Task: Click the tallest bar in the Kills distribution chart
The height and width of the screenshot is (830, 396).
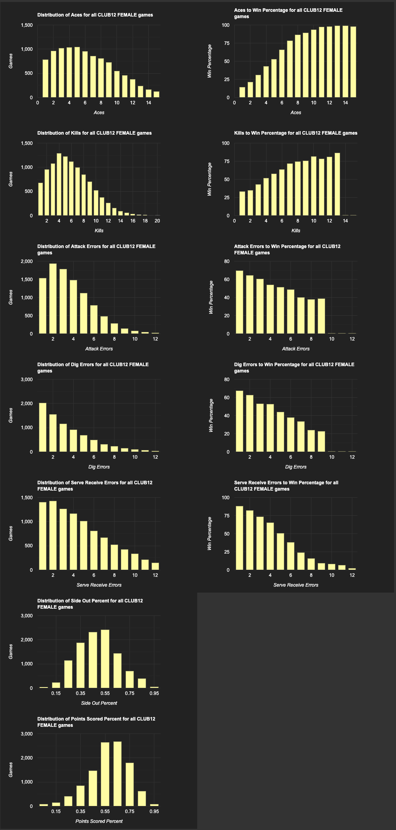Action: click(59, 184)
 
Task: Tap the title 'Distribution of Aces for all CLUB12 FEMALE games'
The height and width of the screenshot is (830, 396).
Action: click(95, 15)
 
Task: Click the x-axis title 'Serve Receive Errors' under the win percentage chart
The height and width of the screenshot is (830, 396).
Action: click(296, 585)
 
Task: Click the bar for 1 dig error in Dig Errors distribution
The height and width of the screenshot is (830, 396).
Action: click(43, 427)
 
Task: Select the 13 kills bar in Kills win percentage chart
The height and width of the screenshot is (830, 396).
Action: click(337, 184)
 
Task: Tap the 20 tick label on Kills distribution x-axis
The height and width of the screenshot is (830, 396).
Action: click(157, 221)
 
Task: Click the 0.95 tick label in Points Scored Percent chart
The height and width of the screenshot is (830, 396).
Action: click(154, 811)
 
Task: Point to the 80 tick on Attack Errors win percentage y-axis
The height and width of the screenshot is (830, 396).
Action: click(227, 261)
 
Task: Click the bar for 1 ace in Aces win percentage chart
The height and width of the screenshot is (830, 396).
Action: click(242, 92)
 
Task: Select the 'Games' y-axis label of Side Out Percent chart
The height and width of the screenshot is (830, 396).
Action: click(11, 652)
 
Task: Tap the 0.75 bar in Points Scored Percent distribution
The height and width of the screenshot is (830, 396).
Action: click(130, 784)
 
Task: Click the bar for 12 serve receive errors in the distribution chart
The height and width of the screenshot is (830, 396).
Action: click(155, 566)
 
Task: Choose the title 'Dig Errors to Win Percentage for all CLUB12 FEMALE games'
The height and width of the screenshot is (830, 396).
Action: click(294, 367)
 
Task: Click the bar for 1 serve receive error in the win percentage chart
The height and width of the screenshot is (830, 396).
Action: click(239, 538)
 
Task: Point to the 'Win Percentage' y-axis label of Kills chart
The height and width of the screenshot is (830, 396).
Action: click(209, 179)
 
